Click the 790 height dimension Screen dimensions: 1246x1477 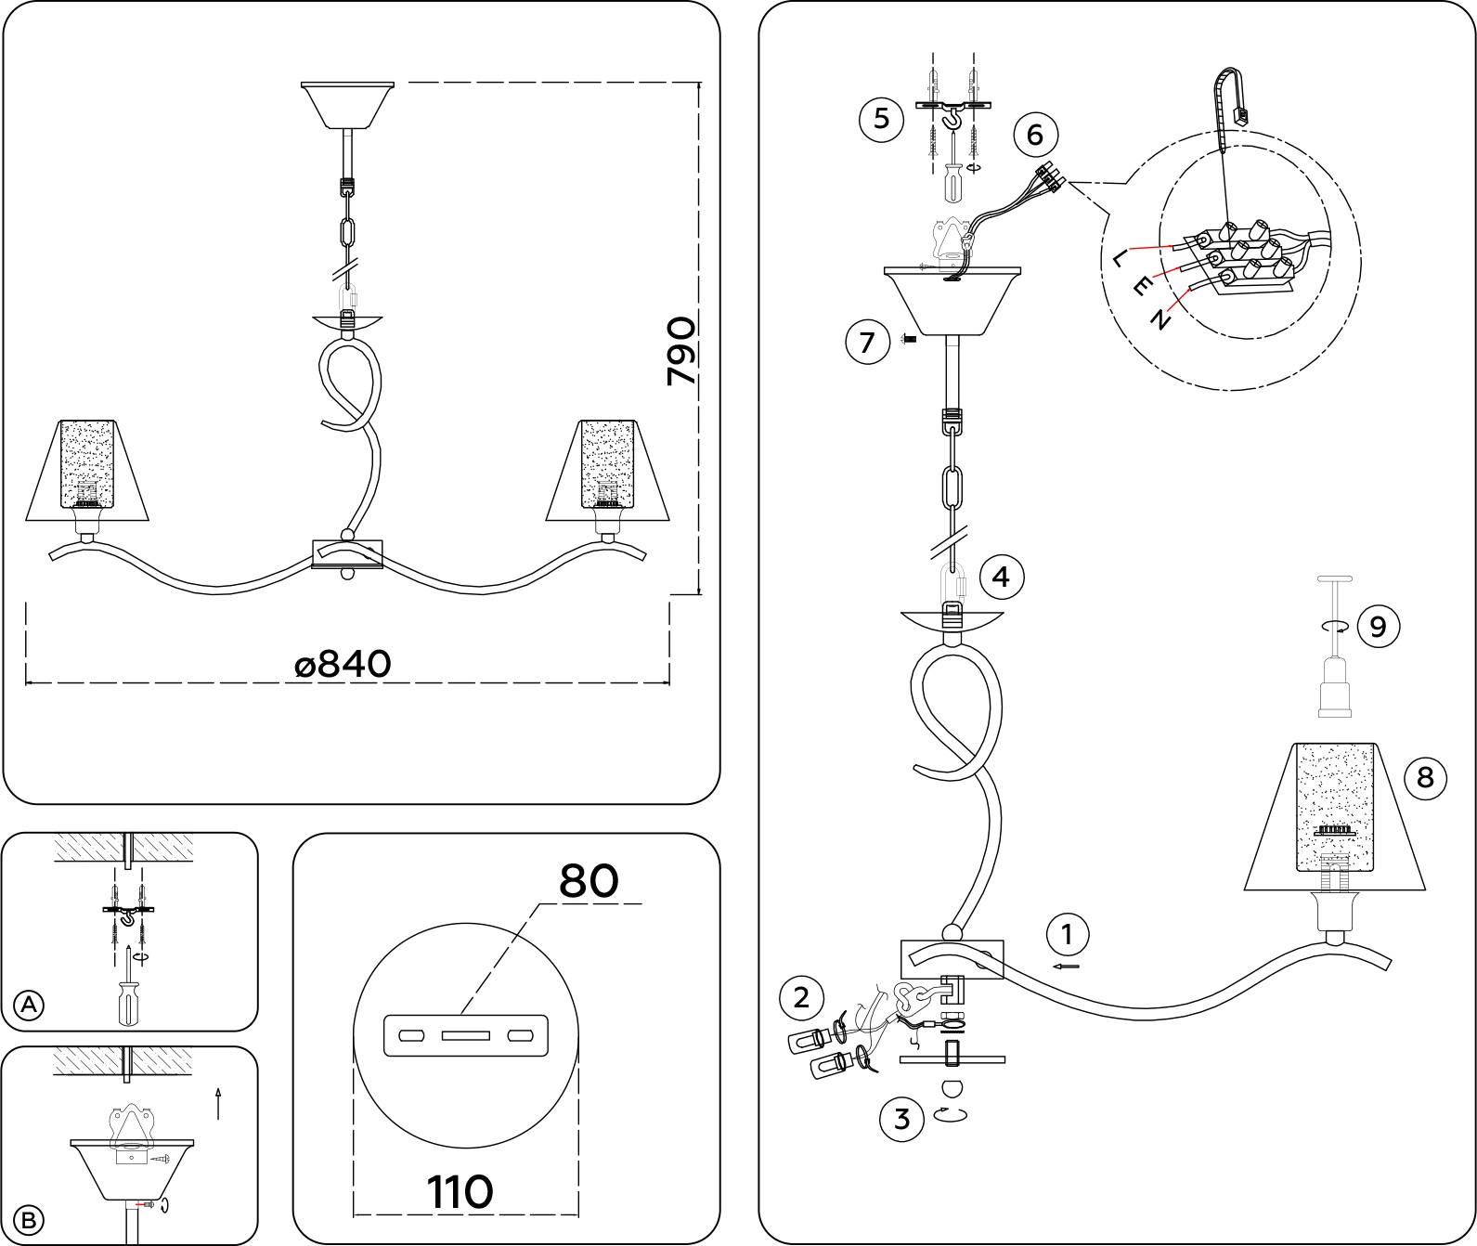pyautogui.click(x=681, y=351)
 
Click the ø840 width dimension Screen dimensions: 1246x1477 pyautogui.click(x=343, y=664)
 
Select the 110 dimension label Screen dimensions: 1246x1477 pyautogui.click(x=460, y=1190)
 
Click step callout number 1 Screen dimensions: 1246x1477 pyautogui.click(x=1067, y=935)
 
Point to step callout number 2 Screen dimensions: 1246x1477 pyautogui.click(x=801, y=998)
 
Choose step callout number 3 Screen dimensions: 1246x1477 pyautogui.click(x=901, y=1119)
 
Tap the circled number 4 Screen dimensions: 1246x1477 pyautogui.click(x=1000, y=577)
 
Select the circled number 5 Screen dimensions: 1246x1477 pyautogui.click(x=881, y=119)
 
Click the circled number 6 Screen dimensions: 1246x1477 pyautogui.click(x=1035, y=135)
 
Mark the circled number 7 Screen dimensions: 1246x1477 pyautogui.click(x=867, y=343)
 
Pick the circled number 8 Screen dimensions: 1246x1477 pyautogui.click(x=1425, y=776)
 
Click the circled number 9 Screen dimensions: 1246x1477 pyautogui.click(x=1378, y=626)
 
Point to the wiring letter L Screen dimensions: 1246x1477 pyautogui.click(x=1121, y=256)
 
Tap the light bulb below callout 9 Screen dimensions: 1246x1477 pyautogui.click(x=1334, y=687)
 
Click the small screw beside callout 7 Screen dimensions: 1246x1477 pyautogui.click(x=910, y=341)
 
